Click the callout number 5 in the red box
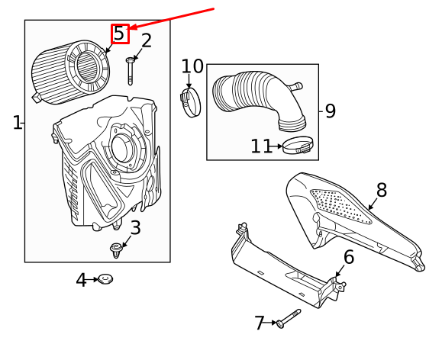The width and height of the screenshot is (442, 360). [x=120, y=34]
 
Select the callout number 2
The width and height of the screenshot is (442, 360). [x=147, y=41]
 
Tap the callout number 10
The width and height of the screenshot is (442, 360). [x=192, y=66]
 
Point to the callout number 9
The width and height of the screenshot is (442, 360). [x=331, y=111]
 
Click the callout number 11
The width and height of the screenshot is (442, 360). [x=262, y=146]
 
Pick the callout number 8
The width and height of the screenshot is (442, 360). [x=382, y=190]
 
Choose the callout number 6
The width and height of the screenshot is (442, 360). [x=349, y=257]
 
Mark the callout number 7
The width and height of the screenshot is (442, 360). [x=260, y=323]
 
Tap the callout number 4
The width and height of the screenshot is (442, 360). [x=81, y=280]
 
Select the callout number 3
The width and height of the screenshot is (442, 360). [x=136, y=228]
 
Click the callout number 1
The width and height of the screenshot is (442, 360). [x=18, y=123]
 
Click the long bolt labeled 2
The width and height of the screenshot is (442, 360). [x=130, y=71]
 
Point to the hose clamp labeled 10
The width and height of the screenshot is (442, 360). [x=190, y=102]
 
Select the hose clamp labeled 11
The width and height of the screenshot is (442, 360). [x=298, y=146]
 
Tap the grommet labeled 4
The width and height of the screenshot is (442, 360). [x=105, y=278]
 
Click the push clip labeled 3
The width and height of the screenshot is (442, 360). [x=115, y=250]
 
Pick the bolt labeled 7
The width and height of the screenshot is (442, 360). [x=289, y=319]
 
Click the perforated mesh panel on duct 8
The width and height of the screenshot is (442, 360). [x=340, y=207]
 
